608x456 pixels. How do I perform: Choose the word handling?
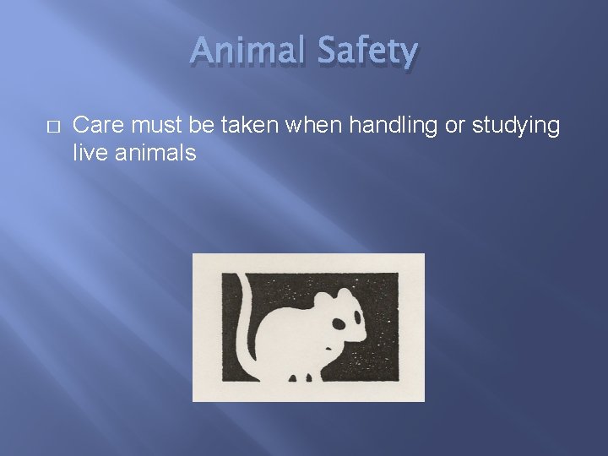384,126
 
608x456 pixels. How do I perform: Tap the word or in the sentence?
450,126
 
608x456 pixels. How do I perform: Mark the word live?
89,153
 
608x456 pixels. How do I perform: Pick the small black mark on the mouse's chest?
328,346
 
